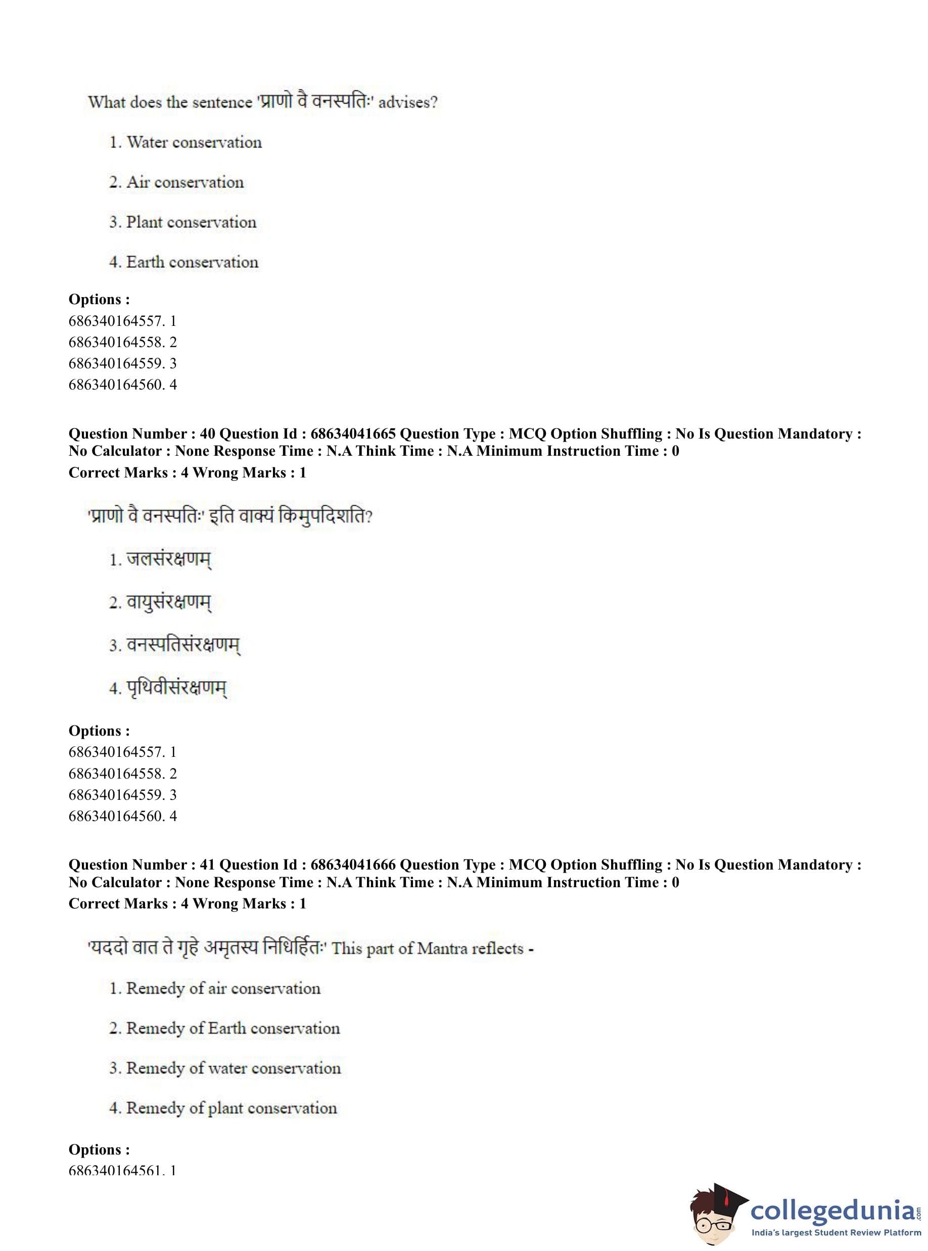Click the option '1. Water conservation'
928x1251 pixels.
point(185,142)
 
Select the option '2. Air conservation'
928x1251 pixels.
point(176,182)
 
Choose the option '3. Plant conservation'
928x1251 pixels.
point(182,222)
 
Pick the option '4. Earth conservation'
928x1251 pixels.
point(183,262)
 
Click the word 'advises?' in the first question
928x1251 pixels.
point(408,103)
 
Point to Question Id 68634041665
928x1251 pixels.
point(353,434)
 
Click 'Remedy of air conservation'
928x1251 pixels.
point(223,988)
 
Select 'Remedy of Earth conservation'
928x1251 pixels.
point(233,1028)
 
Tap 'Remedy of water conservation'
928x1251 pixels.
point(233,1068)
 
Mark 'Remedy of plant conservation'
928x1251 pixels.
point(231,1108)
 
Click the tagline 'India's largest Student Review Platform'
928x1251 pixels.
point(836,1232)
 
